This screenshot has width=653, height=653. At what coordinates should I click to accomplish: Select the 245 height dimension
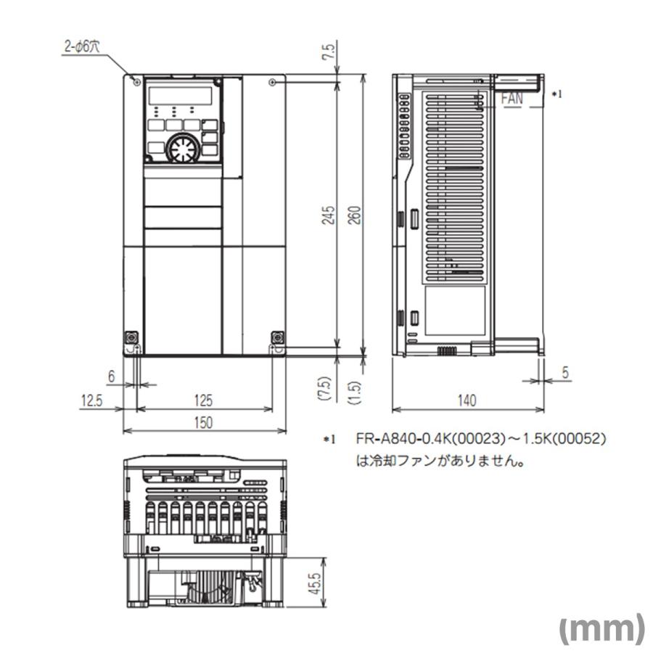click(x=329, y=215)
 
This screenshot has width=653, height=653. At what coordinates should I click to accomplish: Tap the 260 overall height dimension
click(x=356, y=215)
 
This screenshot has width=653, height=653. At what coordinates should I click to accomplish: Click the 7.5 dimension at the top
click(x=329, y=53)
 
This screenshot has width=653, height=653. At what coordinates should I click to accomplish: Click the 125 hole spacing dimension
click(x=204, y=400)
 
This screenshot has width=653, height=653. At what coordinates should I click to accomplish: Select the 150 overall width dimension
click(x=204, y=423)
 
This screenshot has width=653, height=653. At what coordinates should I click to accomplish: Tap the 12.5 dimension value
click(x=91, y=400)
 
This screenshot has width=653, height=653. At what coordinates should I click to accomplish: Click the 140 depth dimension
click(x=467, y=400)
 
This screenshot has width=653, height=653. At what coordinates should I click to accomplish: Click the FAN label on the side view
click(x=512, y=99)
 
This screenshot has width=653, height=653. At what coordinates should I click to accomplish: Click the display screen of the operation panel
click(x=181, y=96)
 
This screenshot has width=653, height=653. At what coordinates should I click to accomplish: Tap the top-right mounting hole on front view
click(x=272, y=83)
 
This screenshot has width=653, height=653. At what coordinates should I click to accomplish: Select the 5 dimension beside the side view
click(x=565, y=372)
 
